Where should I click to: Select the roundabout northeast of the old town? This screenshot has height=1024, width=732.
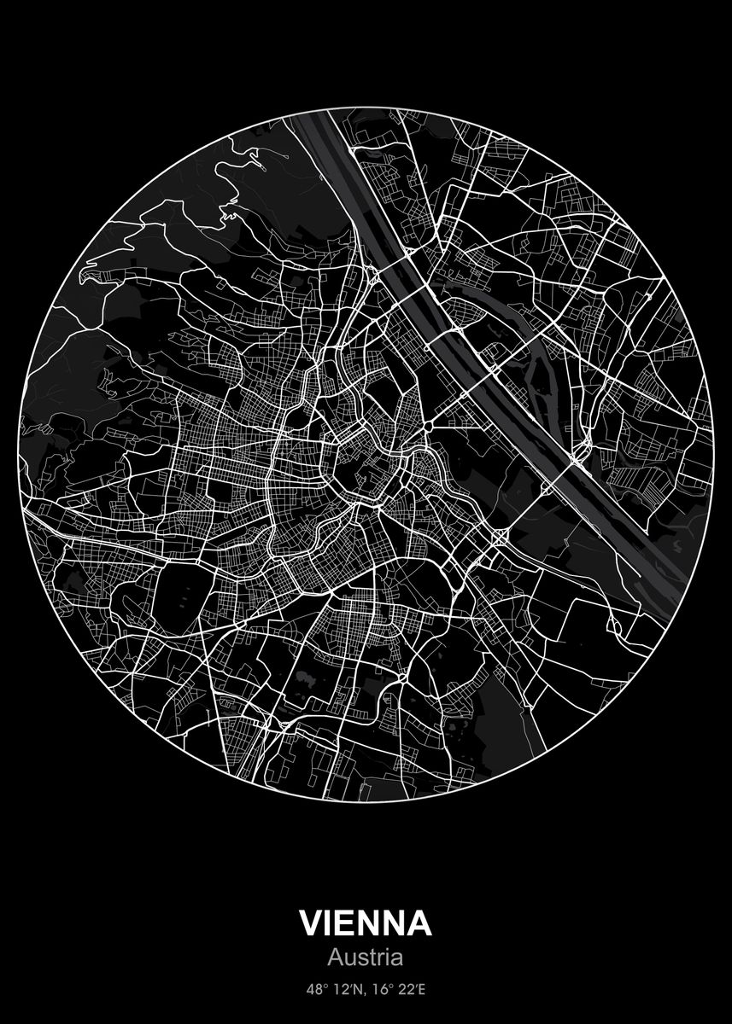(425, 424)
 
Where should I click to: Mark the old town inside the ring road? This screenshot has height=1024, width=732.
(363, 465)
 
